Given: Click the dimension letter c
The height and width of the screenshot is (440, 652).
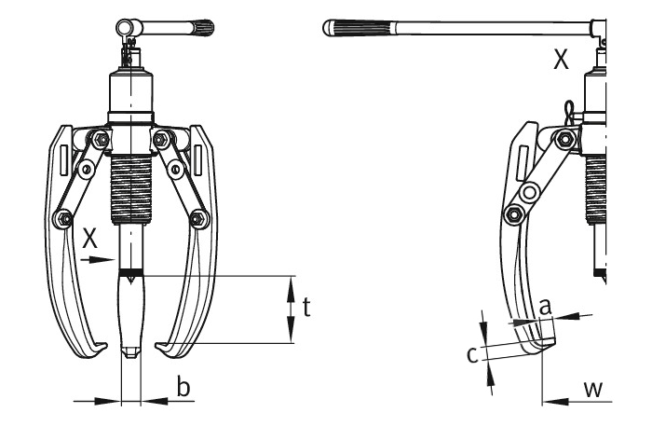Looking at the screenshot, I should click(x=472, y=354).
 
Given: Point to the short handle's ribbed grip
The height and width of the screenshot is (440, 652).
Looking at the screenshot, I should click(x=204, y=28).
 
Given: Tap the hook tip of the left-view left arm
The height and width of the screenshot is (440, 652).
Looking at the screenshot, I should click(x=97, y=351).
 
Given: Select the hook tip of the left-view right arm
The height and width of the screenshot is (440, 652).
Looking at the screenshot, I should click(x=166, y=351).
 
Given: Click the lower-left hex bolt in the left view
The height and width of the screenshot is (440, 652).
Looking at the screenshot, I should click(x=63, y=219).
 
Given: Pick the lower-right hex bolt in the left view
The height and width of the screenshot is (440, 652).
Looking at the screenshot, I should click(x=197, y=219).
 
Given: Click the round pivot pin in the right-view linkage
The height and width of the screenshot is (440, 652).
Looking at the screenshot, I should click(x=531, y=193).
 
